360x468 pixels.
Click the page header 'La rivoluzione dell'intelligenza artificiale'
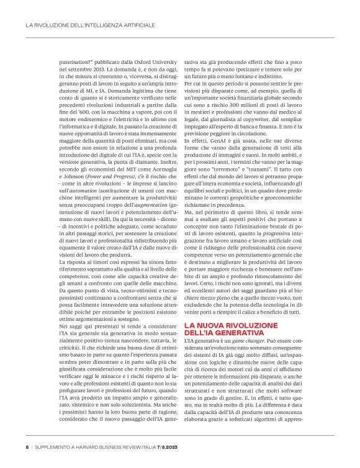click(90, 26)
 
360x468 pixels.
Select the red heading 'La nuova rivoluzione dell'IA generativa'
click(229, 329)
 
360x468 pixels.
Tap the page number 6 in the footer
click(27, 446)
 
